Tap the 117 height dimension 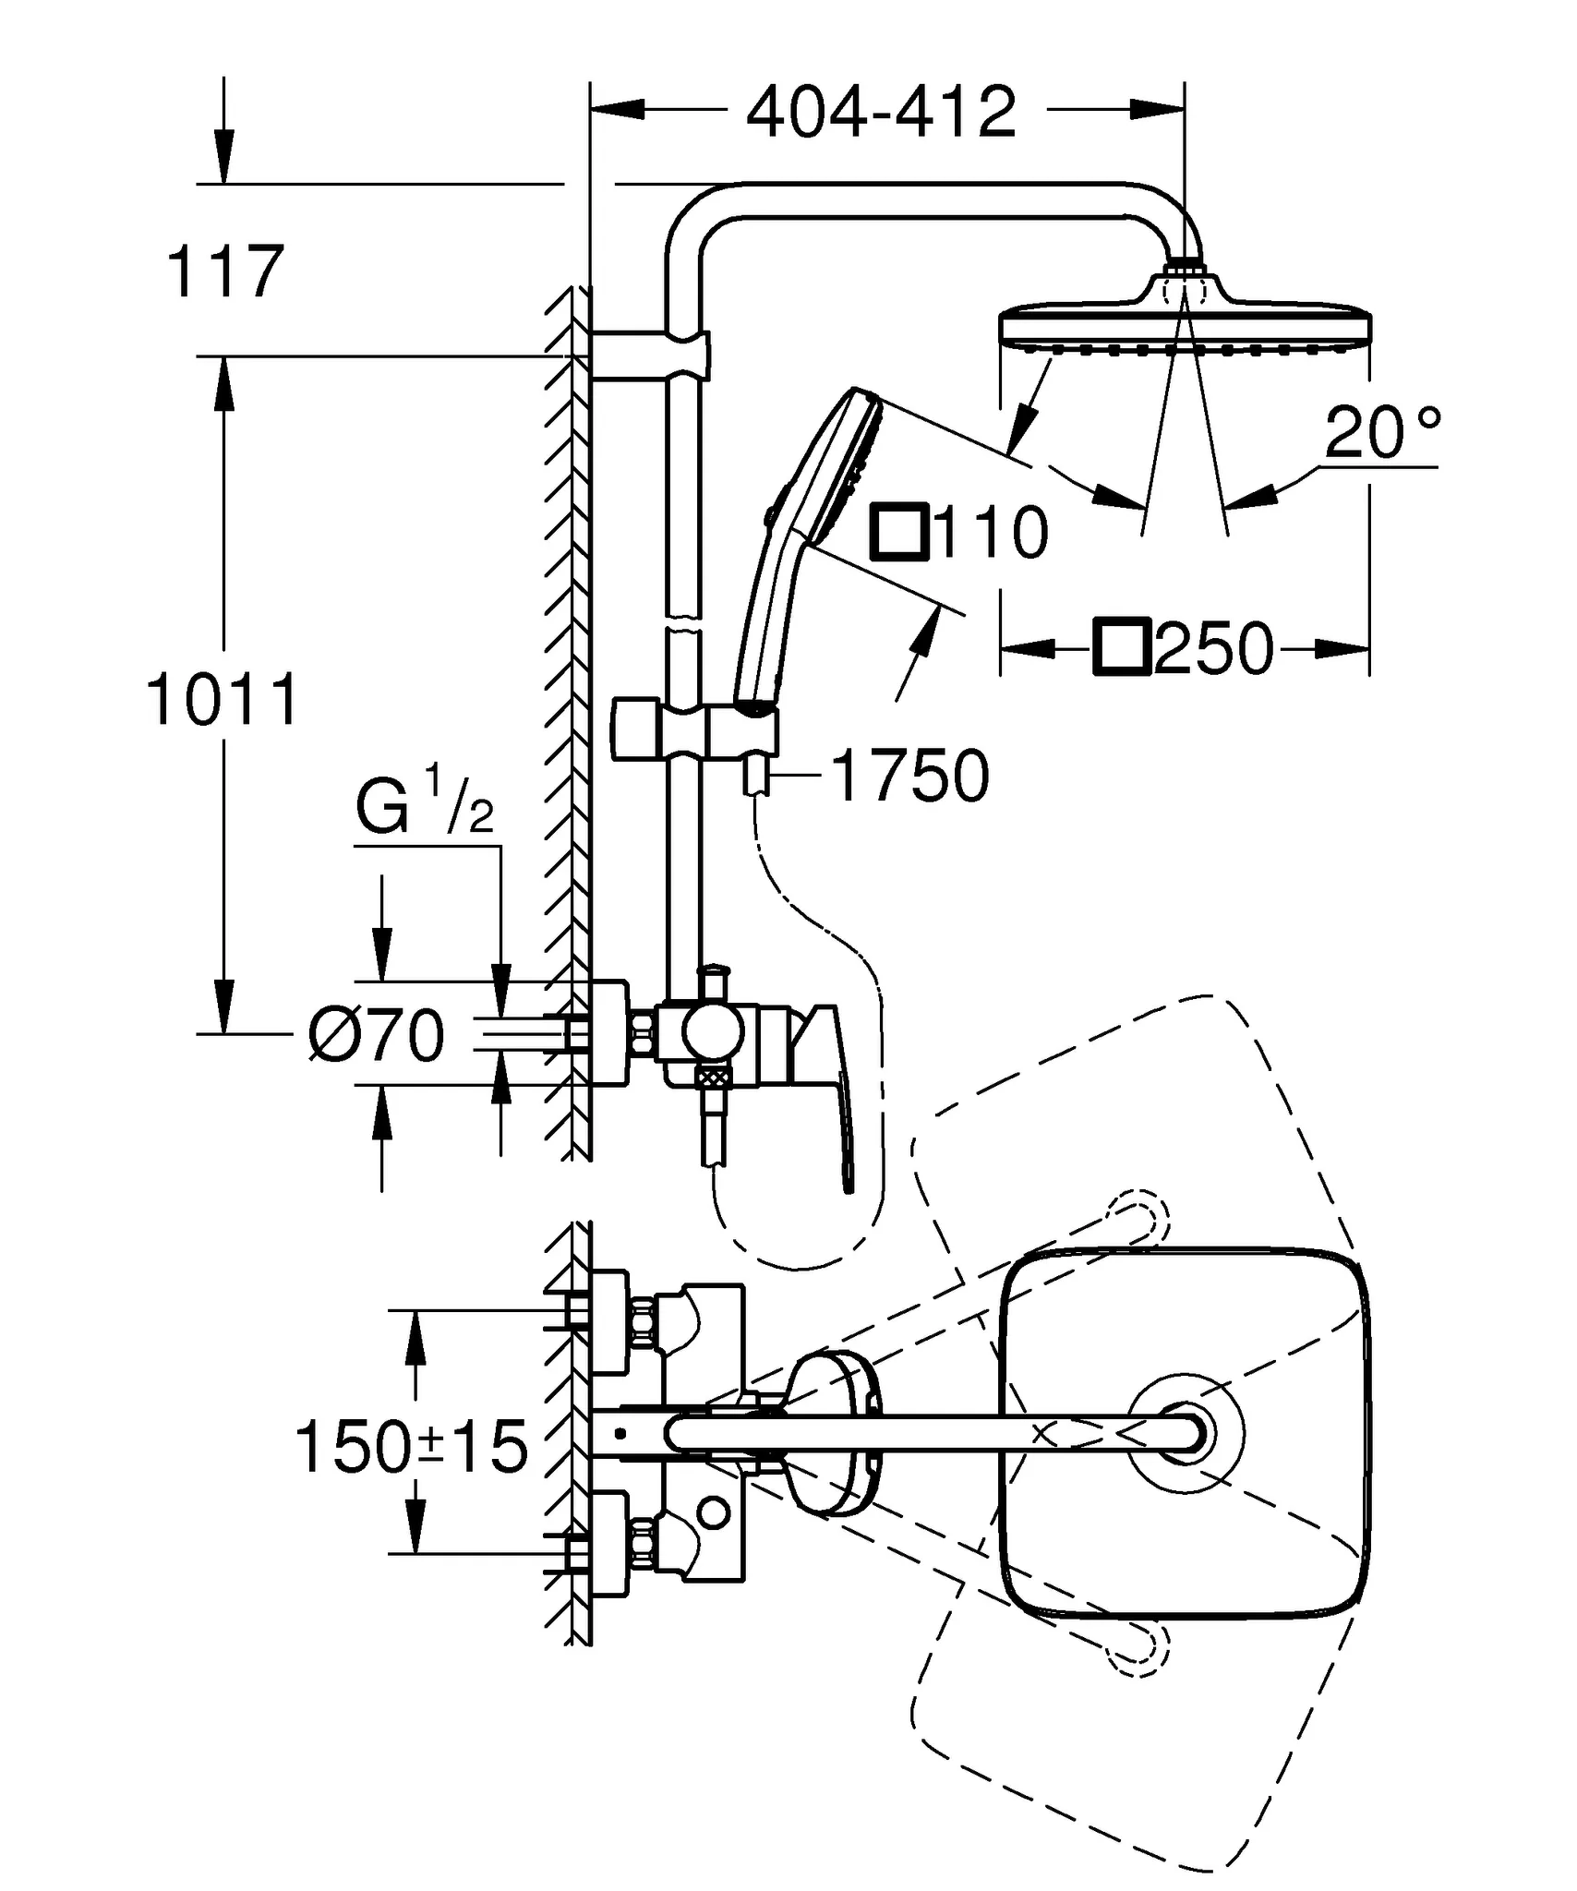[224, 272]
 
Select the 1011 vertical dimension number [223, 700]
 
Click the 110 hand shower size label [991, 533]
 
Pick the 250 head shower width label [1213, 649]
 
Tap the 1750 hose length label [909, 777]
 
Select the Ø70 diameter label [377, 1035]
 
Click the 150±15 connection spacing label [412, 1447]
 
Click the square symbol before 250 [1122, 648]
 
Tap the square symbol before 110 [900, 532]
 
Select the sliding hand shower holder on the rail [692, 729]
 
